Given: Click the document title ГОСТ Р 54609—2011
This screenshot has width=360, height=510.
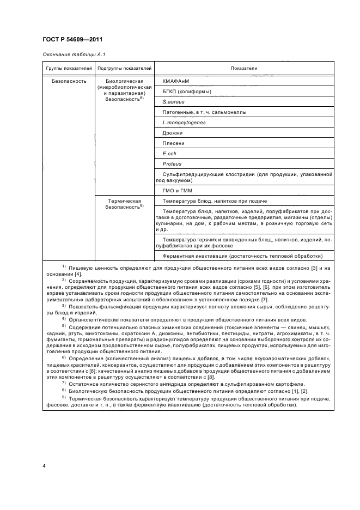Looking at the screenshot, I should tap(72, 40).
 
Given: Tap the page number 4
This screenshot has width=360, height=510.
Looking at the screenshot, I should tap(44, 466).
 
